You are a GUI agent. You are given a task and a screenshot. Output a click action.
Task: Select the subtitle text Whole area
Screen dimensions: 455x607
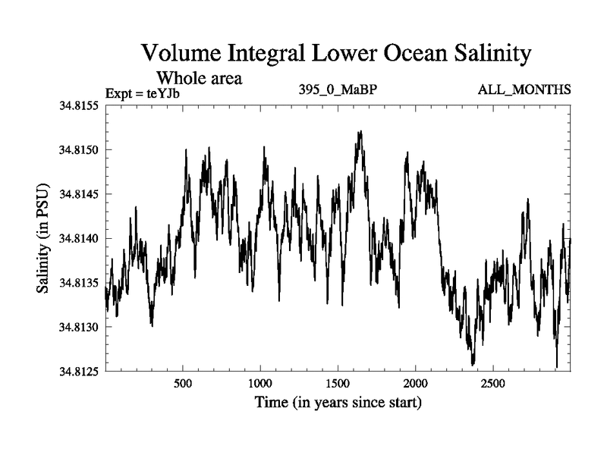click(199, 77)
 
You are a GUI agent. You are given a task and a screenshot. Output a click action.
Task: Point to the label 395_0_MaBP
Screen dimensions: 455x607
click(338, 90)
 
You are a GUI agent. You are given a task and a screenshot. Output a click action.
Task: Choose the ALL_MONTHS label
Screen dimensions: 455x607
click(524, 90)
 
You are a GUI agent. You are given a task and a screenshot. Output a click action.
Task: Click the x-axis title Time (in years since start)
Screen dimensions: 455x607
click(337, 401)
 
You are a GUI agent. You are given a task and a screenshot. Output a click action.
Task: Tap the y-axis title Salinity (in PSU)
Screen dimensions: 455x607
click(43, 239)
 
